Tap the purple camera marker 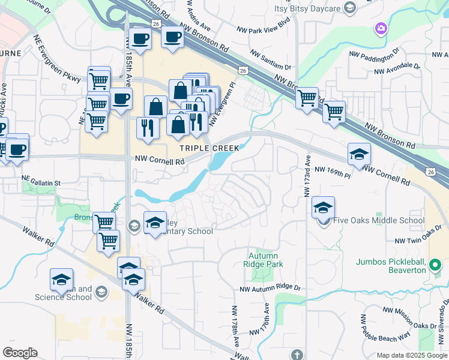[380, 28]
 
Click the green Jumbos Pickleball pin [436, 265]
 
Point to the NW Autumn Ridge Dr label [270, 289]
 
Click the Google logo [20, 353]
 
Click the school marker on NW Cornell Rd [358, 154]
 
